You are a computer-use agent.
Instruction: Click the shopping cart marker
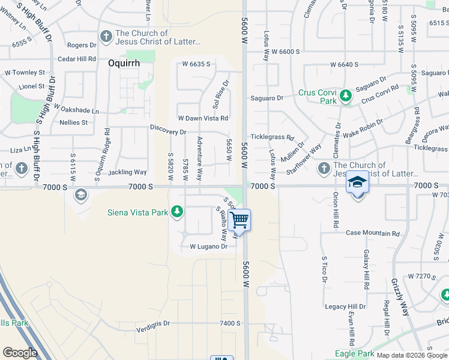240,220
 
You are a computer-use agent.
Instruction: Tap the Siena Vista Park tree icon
176,211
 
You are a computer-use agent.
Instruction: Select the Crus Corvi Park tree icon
345,95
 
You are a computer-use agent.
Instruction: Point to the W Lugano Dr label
209,247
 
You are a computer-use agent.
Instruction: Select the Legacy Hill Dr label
345,307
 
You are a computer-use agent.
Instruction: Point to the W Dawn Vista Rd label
203,118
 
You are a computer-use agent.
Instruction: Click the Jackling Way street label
127,172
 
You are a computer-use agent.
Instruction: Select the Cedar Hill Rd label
77,59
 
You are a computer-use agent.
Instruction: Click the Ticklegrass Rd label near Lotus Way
272,137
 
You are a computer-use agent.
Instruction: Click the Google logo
20,353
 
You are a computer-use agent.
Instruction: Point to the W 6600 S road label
285,52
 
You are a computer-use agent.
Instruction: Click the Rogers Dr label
82,45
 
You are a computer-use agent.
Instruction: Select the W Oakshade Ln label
76,110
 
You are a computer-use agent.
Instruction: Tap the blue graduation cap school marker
358,182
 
